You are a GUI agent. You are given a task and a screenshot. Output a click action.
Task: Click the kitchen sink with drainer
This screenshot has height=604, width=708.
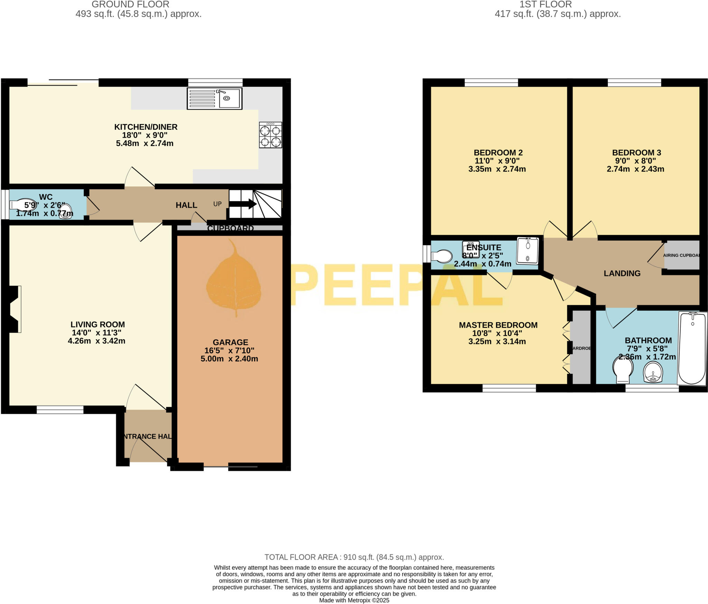(214, 99)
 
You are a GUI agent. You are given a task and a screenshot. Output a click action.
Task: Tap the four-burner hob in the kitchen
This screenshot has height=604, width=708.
(270, 135)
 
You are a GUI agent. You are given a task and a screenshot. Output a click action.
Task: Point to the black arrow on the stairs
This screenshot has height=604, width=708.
(243, 204)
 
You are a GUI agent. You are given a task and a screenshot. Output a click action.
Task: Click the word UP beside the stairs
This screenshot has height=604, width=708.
(217, 204)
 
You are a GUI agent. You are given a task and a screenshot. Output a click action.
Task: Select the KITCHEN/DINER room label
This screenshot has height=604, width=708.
(146, 127)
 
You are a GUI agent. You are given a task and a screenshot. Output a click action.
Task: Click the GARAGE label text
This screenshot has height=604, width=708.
(230, 342)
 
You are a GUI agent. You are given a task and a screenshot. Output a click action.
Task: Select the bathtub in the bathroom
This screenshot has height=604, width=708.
(692, 348)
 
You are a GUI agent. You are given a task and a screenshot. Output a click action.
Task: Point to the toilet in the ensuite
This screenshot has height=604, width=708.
(442, 257)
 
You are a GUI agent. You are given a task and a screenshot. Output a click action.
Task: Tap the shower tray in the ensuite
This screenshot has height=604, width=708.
(528, 250)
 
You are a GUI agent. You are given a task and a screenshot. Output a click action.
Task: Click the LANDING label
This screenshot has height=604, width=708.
(622, 273)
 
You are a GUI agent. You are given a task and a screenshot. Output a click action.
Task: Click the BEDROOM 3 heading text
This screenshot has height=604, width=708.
(636, 152)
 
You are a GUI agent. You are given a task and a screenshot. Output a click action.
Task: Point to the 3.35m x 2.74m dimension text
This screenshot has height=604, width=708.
(497, 169)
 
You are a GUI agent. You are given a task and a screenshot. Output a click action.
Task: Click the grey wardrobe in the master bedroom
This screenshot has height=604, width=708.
(581, 347)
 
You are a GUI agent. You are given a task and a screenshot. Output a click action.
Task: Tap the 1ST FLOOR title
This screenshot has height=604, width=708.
(546, 4)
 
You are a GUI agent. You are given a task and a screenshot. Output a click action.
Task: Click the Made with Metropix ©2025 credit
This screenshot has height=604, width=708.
(354, 600)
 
